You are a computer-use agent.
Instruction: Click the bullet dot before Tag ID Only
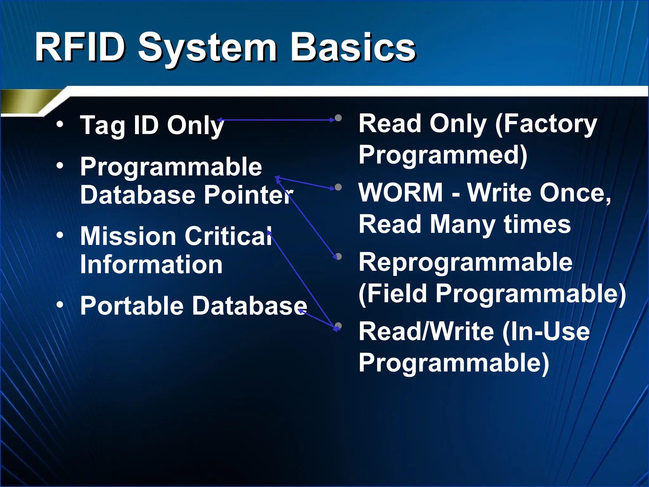[60, 124]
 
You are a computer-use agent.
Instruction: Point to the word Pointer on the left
[249, 194]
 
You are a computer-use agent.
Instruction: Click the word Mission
[128, 236]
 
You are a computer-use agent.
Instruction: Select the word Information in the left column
[151, 264]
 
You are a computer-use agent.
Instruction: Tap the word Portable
[132, 305]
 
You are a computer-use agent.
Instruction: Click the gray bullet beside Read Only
[338, 118]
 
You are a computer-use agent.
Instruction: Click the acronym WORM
[401, 192]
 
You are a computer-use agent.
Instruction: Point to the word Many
[462, 224]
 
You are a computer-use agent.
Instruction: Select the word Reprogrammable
[466, 262]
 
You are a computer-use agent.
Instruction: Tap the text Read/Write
[426, 331]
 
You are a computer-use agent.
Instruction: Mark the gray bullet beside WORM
[338, 187]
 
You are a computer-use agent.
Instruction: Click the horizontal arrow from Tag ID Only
[276, 120]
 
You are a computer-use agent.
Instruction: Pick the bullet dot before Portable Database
[60, 305]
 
